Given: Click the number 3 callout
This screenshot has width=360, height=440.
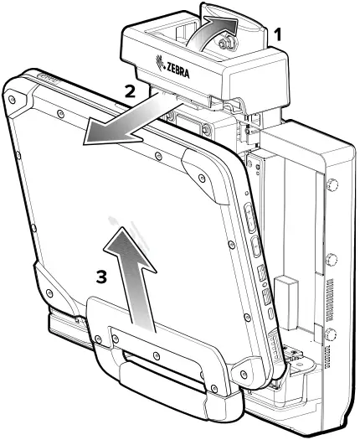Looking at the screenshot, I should coord(100,276).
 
